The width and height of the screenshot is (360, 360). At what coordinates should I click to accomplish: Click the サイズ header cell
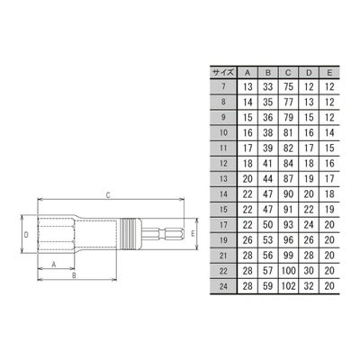click(223, 72)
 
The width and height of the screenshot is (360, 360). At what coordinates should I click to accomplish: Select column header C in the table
click(288, 72)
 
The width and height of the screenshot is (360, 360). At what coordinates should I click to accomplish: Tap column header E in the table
click(329, 72)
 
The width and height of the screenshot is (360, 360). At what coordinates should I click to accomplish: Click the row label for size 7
click(223, 86)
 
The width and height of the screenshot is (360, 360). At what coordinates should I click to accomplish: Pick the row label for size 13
click(223, 179)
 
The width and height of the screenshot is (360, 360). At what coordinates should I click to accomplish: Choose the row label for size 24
click(223, 286)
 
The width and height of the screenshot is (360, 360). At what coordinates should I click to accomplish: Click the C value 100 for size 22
click(288, 271)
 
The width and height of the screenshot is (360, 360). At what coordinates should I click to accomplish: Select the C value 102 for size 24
click(288, 286)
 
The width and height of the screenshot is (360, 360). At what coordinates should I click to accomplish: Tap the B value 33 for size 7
click(268, 86)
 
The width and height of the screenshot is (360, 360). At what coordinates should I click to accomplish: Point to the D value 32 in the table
click(309, 286)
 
